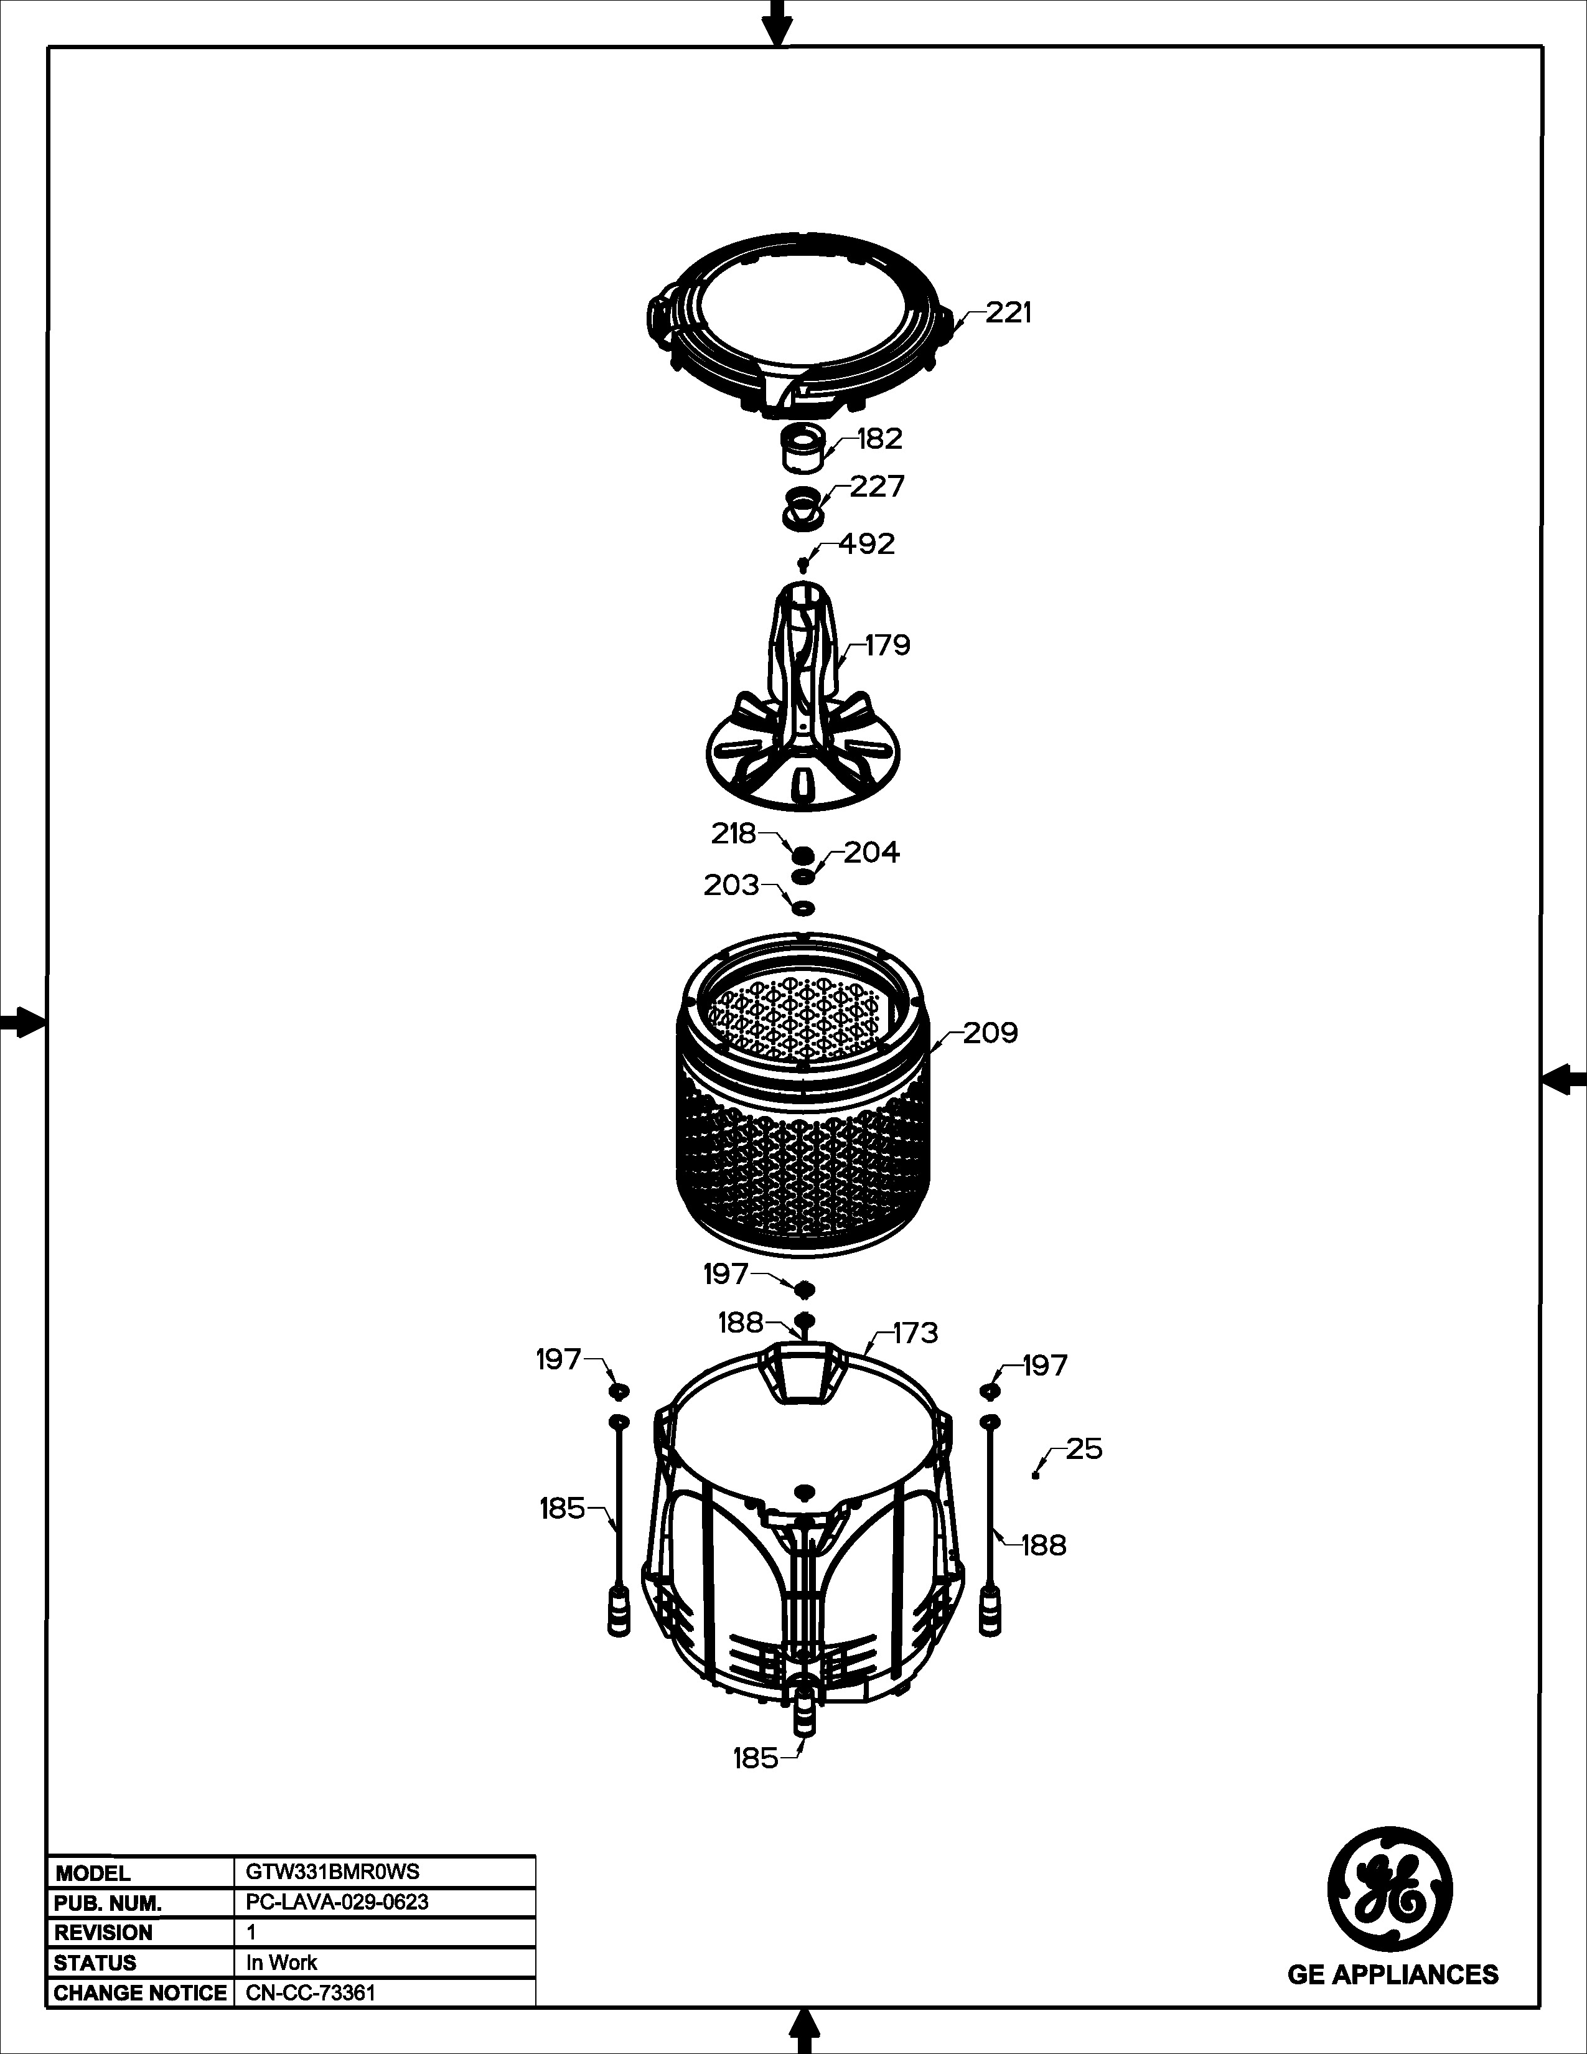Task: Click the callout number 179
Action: coord(887,645)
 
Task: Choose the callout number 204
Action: coord(871,852)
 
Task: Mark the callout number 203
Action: coord(731,885)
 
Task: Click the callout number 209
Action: coord(990,1034)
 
